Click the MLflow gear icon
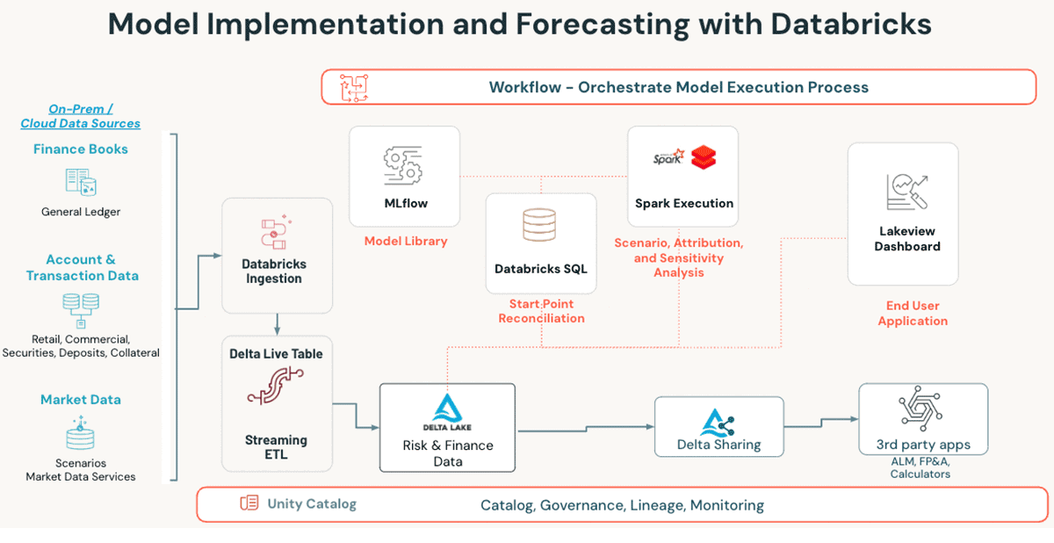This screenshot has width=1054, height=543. point(404,165)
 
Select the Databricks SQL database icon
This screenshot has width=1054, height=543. point(539,225)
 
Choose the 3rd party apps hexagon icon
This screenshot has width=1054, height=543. point(921,409)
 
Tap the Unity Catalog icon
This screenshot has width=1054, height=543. point(249,503)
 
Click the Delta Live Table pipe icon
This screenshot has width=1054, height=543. point(277,386)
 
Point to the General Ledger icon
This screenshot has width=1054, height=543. point(80,182)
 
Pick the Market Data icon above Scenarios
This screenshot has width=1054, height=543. point(80,433)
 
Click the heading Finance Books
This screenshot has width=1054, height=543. point(81,149)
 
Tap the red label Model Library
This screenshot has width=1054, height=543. point(406,241)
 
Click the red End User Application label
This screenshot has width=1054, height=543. point(913,314)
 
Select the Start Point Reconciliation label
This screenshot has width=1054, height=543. point(541,311)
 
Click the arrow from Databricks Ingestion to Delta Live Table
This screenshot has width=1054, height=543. point(277,325)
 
